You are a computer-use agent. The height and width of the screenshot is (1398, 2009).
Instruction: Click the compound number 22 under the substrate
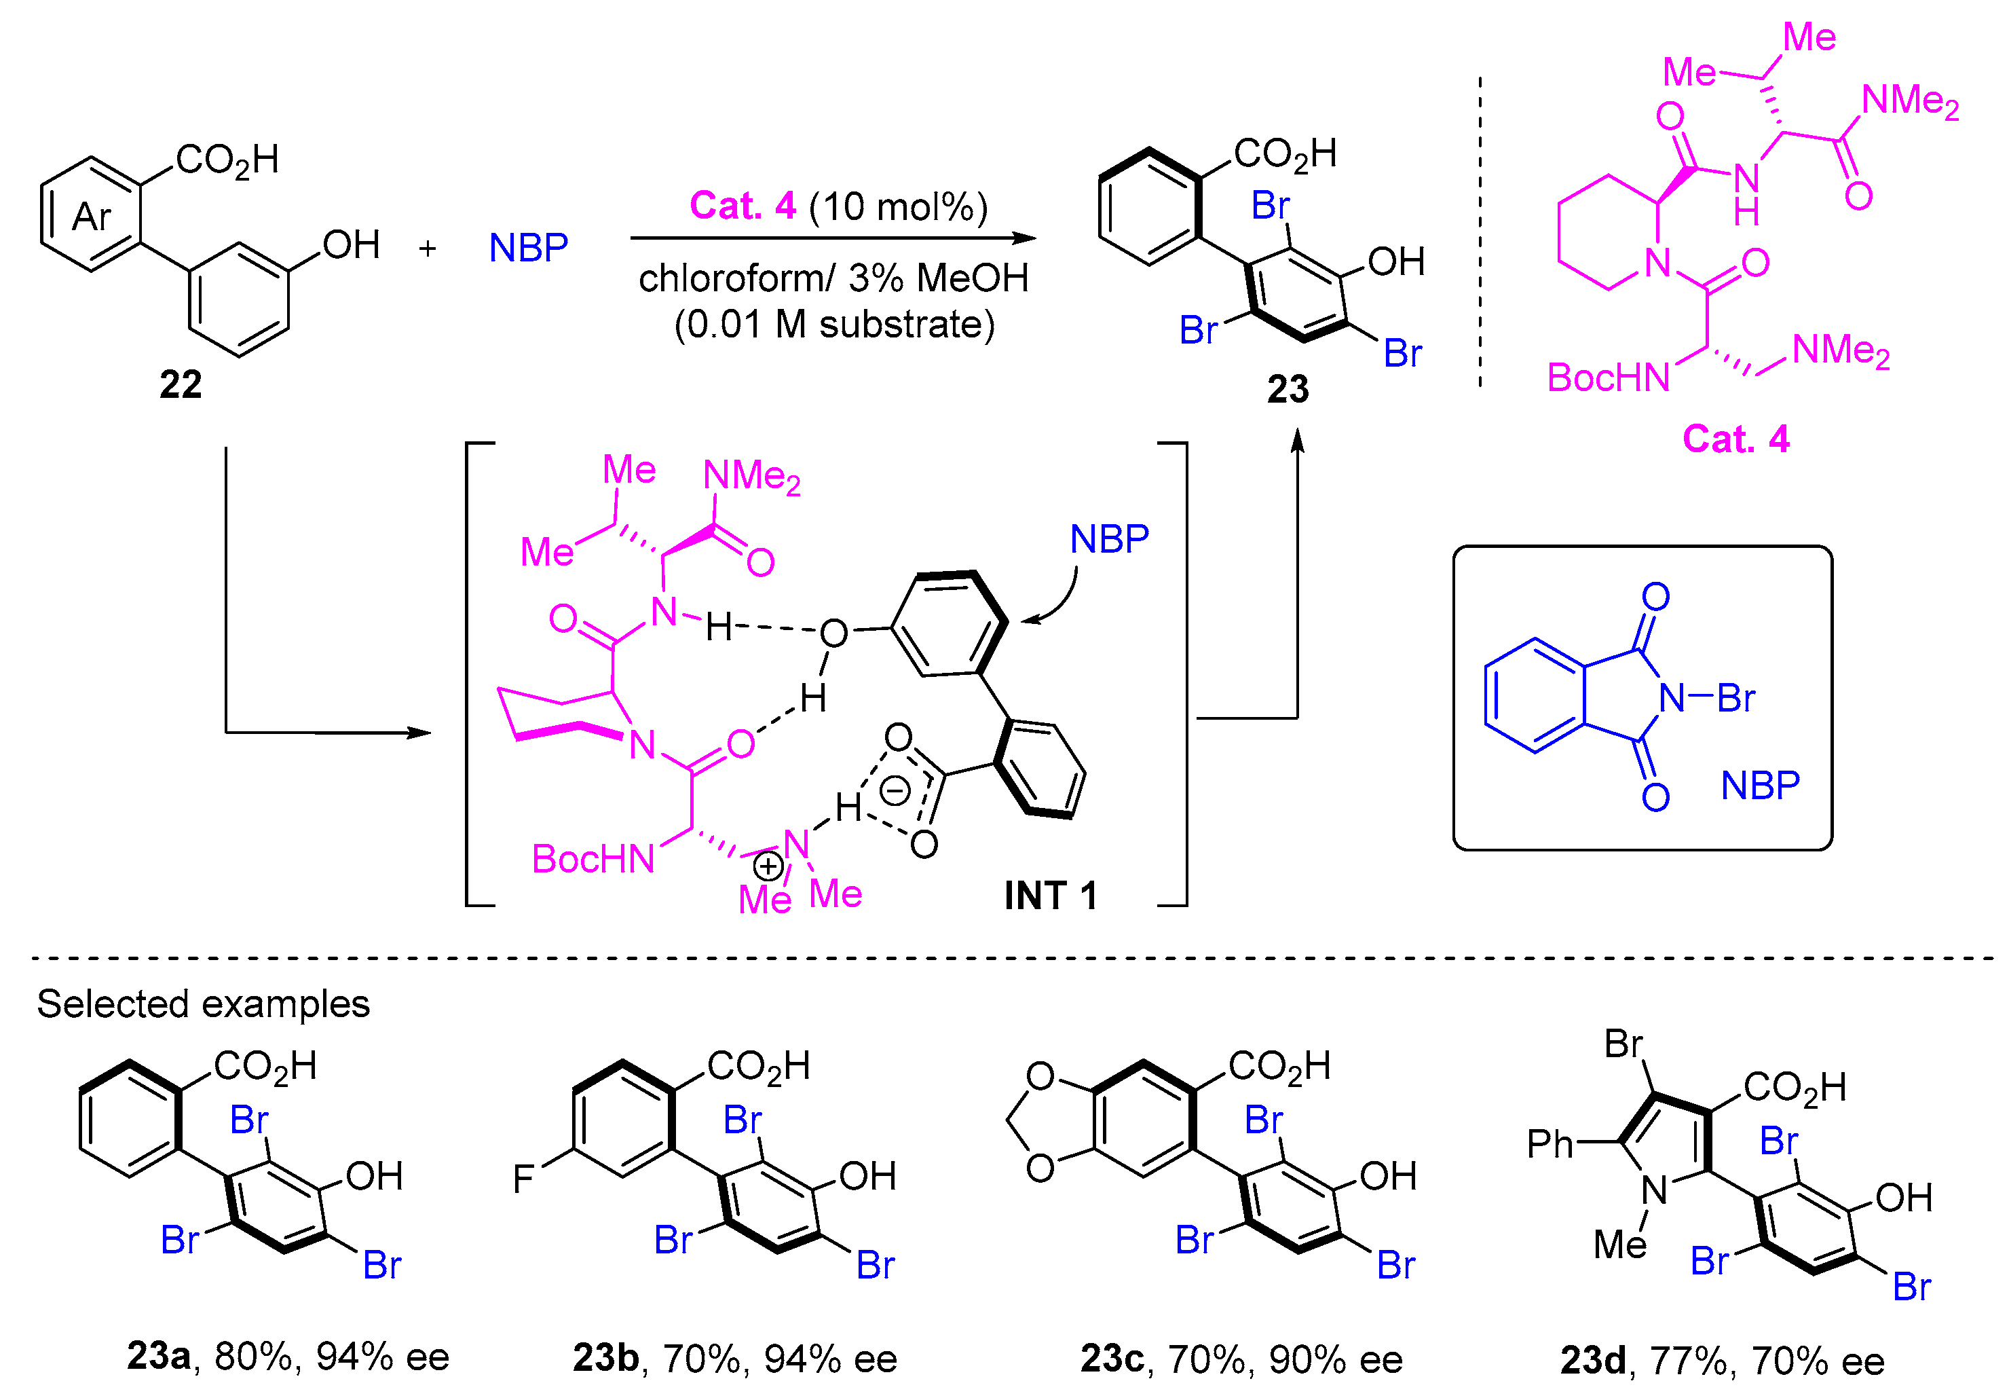point(181,384)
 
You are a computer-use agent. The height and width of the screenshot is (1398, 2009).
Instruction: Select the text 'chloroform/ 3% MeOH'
point(833,278)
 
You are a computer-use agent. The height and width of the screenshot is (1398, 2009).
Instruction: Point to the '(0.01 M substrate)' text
point(834,325)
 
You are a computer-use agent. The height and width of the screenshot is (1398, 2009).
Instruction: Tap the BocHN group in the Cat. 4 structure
point(1609,378)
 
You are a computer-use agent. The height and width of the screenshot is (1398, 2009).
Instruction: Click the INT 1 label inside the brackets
point(1050,896)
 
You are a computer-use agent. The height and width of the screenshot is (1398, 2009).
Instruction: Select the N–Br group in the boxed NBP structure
point(1707,698)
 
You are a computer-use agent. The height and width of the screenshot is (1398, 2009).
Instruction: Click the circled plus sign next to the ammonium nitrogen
point(768,866)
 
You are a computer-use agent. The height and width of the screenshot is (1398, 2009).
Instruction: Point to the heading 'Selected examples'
point(203,1004)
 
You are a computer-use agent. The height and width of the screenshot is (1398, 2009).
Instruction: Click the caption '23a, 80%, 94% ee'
point(288,1356)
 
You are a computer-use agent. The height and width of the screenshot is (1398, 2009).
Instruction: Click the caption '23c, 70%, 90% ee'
point(1241,1359)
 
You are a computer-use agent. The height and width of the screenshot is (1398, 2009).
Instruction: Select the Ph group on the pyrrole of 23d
point(1550,1144)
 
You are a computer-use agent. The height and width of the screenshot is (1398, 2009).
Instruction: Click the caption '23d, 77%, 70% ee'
point(1722,1361)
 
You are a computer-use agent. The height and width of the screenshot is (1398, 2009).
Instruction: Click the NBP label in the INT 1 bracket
point(1108,539)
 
